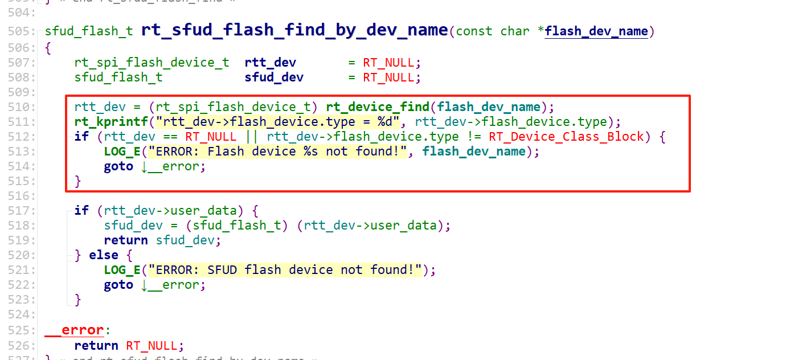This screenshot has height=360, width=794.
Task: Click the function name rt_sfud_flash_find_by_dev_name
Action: tap(294, 30)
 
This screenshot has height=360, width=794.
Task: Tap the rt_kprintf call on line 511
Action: tap(111, 121)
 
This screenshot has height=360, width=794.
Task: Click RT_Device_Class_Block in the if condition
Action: tap(566, 136)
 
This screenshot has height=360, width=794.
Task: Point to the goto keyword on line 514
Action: tap(118, 166)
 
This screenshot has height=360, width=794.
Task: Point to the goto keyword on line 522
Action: tap(118, 285)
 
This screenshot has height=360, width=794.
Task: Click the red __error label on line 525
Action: tap(75, 330)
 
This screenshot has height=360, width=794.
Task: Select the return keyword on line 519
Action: tap(126, 240)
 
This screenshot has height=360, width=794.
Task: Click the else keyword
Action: tap(104, 255)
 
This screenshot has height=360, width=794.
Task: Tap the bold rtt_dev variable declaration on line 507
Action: tap(271, 62)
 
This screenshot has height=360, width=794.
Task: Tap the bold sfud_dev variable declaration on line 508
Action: tap(274, 77)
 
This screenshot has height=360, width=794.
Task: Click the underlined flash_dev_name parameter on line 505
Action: tap(596, 31)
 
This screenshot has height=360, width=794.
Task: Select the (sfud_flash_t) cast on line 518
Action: tap(237, 225)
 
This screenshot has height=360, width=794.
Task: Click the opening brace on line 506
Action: tap(48, 48)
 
